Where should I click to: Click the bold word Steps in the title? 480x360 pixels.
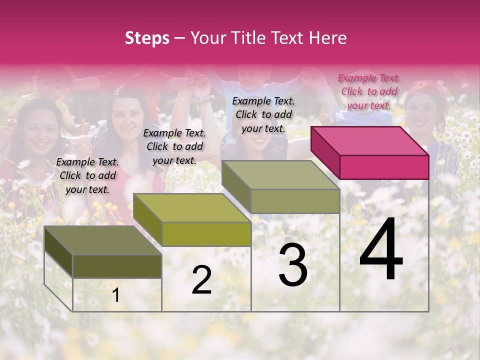coord(147,38)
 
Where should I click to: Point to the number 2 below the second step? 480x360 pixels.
coord(201,280)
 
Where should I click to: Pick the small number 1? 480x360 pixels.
coord(116,295)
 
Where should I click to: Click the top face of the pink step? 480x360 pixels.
coord(369,141)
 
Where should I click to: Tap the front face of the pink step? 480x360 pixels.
coord(384,167)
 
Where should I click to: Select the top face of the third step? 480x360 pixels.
coord(280,175)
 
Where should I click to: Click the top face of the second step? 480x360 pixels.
coord(192,208)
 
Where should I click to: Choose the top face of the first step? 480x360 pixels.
coord(103,240)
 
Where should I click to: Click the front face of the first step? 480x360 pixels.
coord(117,266)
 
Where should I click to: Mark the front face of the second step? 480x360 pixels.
coord(206,234)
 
